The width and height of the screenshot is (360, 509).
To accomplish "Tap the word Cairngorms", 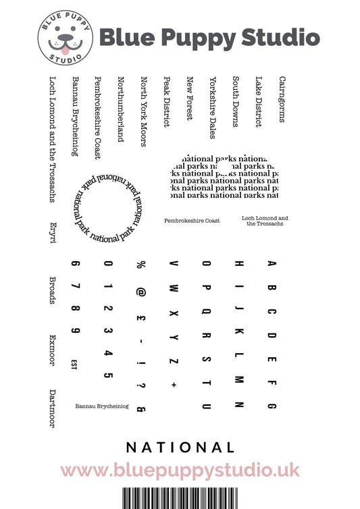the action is point(282,99).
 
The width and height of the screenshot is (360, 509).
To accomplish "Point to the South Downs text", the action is point(235,102).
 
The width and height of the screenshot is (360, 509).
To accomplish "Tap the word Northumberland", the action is point(121,109).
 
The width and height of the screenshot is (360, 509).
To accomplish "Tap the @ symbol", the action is point(141,292).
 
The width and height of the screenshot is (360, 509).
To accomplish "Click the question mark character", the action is point(141,386).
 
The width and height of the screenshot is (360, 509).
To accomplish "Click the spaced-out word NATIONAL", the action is point(180,448).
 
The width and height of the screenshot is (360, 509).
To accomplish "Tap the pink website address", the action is point(180,471).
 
